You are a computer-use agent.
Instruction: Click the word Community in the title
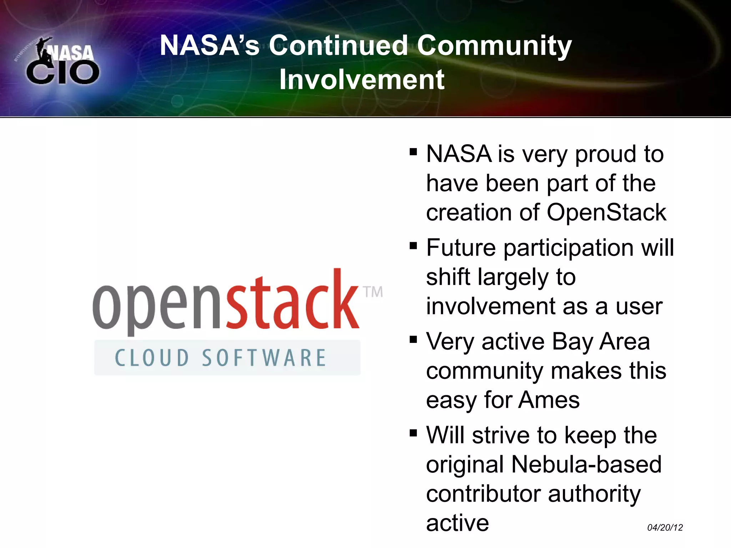[x=494, y=45]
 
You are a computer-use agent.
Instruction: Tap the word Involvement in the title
[x=362, y=80]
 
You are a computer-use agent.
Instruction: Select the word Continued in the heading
[x=338, y=45]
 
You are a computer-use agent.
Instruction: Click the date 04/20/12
[x=665, y=527]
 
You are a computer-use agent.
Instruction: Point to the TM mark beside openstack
[x=373, y=292]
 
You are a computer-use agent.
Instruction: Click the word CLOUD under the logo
[x=152, y=358]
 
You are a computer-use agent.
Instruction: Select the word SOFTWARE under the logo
[x=264, y=358]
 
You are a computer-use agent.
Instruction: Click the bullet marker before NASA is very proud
[x=413, y=152]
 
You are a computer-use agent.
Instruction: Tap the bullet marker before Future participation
[x=413, y=246]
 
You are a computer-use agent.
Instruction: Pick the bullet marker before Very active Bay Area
[x=413, y=339]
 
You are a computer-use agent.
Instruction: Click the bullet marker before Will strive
[x=413, y=433]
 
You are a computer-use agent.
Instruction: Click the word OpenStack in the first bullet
[x=606, y=213]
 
